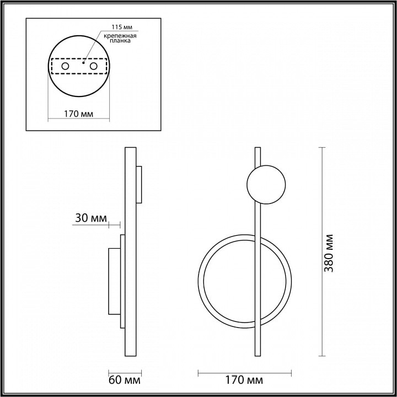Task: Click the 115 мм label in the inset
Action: (122, 27)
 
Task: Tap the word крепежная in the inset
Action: (120, 36)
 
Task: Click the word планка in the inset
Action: (120, 41)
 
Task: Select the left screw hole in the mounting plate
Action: (65, 66)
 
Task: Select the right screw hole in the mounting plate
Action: (93, 66)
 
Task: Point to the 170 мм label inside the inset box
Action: (78, 114)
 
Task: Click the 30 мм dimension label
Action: (91, 218)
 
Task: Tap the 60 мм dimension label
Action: (124, 380)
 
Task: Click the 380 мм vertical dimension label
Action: (329, 253)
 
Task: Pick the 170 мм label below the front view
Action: (244, 380)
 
